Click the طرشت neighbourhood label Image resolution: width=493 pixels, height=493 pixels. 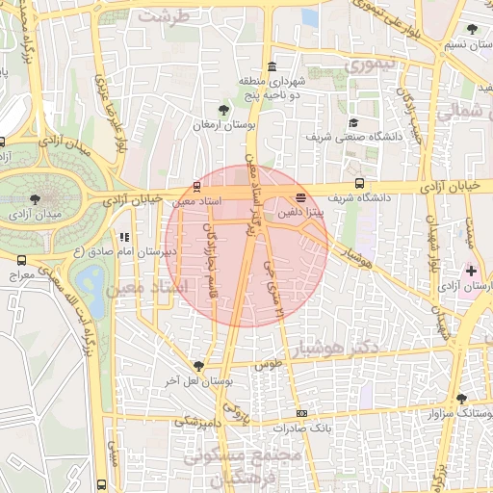159,16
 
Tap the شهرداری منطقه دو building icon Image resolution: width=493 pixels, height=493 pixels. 272,66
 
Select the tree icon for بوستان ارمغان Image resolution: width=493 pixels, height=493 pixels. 224,109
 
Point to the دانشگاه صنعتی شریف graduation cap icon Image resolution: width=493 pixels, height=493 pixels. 353,122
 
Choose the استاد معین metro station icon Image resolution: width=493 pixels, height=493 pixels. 197,186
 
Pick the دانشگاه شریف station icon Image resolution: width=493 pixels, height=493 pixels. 359,183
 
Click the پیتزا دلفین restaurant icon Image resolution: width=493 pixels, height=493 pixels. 301,198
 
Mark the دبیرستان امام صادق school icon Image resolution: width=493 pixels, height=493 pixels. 123,236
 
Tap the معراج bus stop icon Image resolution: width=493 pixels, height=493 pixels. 21,259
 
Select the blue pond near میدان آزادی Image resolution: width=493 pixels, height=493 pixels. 93,283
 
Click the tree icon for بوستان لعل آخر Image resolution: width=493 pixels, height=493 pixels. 198,366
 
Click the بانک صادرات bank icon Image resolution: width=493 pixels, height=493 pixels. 301,413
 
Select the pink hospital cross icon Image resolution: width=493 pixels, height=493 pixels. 471,271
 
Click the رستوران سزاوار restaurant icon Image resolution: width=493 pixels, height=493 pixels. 462,399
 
